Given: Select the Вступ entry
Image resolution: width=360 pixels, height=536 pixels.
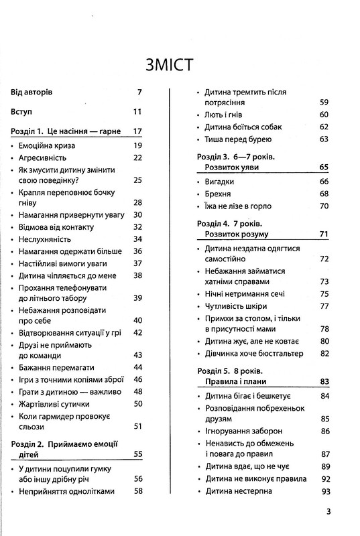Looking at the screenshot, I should point(27,111).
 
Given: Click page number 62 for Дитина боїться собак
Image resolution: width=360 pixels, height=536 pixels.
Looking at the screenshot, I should point(323,127).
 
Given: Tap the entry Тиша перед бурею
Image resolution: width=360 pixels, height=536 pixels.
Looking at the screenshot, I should point(237,139).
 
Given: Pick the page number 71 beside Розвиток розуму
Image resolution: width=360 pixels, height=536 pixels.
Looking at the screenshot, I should point(323,234).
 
